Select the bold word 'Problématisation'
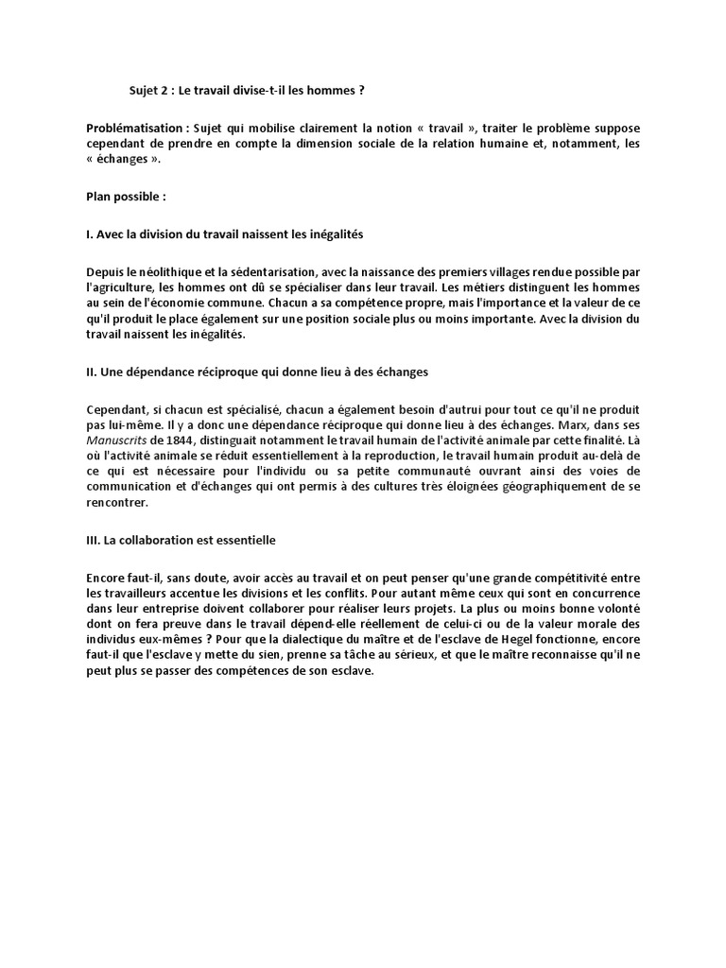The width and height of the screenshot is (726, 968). pyautogui.click(x=131, y=128)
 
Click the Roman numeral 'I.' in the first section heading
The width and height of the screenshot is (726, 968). pyautogui.click(x=89, y=233)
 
